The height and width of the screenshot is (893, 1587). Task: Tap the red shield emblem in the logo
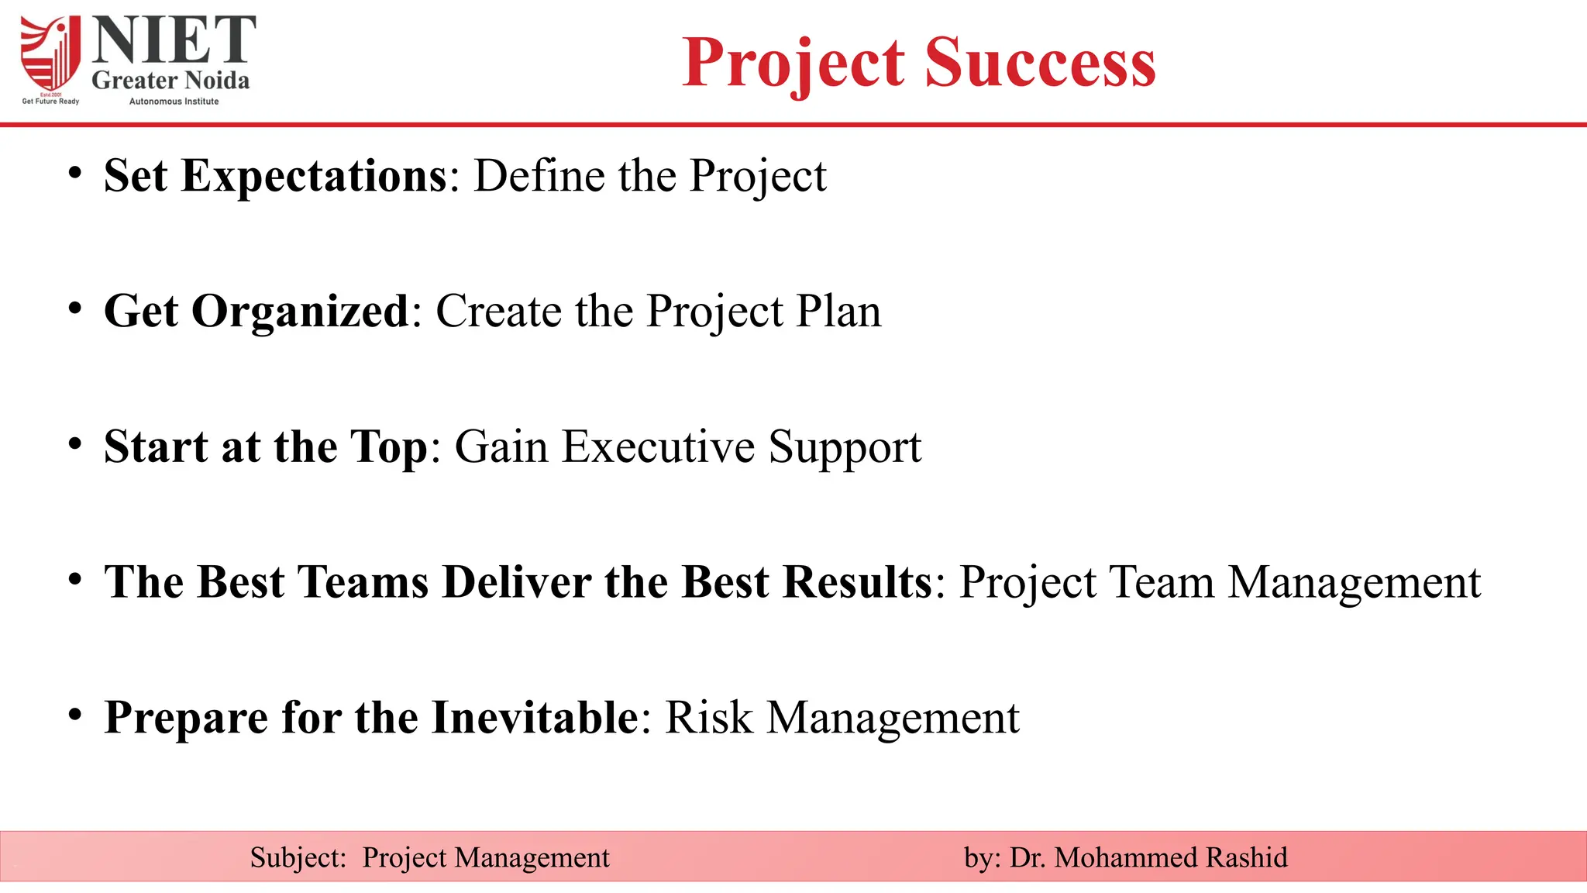pos(50,54)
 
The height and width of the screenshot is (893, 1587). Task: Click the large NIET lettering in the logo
pos(174,40)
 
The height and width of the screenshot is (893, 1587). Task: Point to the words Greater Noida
pos(170,80)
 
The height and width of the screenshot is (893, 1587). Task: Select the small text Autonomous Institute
pos(174,102)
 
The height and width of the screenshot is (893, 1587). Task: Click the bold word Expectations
pos(314,176)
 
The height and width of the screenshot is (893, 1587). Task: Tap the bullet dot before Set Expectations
pos(74,173)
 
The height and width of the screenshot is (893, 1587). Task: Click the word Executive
pos(658,447)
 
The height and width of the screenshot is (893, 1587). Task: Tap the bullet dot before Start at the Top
pos(74,444)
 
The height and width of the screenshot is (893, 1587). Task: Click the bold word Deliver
pos(517,582)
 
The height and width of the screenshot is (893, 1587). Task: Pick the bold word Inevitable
pos(535,718)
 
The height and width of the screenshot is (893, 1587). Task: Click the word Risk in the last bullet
pos(708,718)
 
